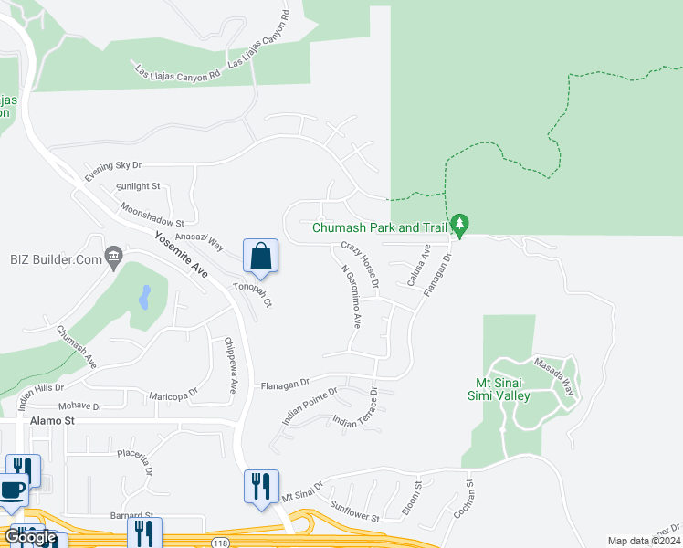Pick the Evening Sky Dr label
tap(113, 170)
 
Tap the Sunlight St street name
tap(138, 186)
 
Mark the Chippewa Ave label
tap(229, 365)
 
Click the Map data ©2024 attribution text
tap(644, 541)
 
